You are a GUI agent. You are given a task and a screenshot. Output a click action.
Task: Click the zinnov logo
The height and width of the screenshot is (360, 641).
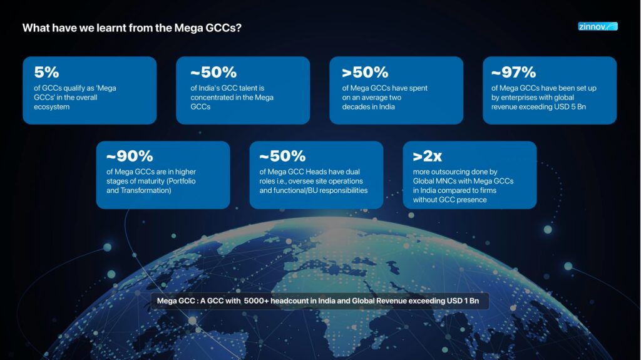(x=597, y=27)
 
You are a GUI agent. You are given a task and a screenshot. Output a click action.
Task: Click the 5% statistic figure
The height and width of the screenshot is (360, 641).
(x=46, y=72)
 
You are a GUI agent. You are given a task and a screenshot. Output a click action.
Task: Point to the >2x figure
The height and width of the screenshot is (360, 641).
(x=428, y=157)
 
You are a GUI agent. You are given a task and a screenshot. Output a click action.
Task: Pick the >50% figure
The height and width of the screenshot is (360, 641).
(x=365, y=72)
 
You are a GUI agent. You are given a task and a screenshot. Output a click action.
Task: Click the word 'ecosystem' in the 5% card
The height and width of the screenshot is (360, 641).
(x=51, y=107)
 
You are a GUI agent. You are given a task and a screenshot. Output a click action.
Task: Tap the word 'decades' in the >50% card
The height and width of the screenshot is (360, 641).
(x=356, y=107)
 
